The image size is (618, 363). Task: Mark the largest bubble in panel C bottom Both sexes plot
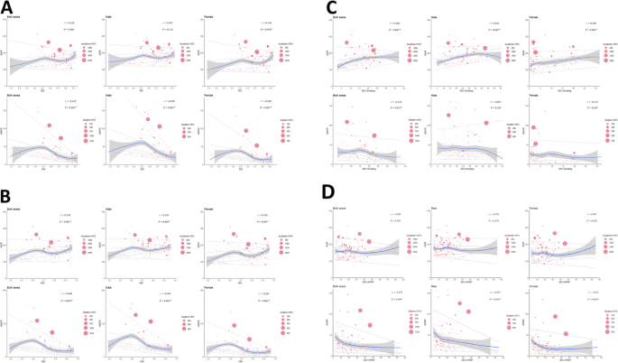pyautogui.click(x=345, y=124)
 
